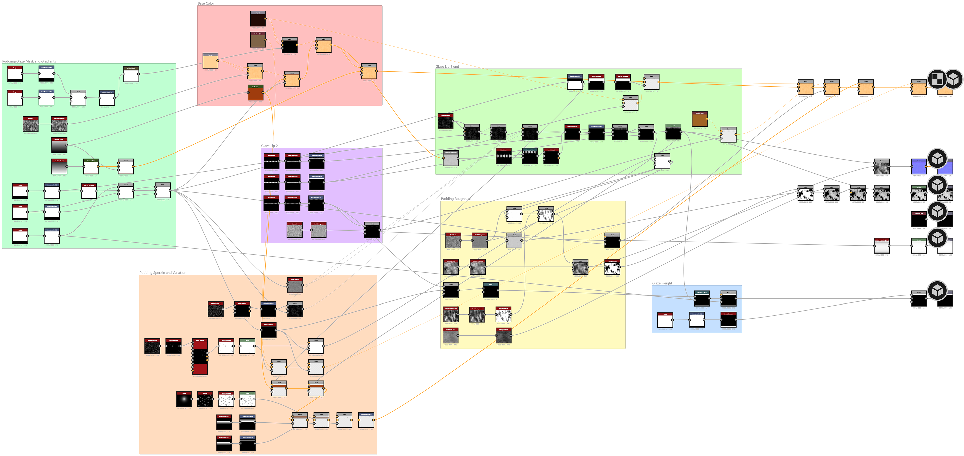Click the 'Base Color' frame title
tap(206, 3)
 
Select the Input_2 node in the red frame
tap(258, 19)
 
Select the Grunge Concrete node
tap(445, 121)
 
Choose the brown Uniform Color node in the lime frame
tap(699, 119)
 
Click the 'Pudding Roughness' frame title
tap(456, 199)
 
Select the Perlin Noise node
tap(453, 241)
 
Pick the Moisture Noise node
tap(451, 267)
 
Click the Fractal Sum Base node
tap(451, 336)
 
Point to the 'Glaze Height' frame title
tap(662, 283)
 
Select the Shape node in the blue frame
tap(665, 320)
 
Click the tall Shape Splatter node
tap(200, 357)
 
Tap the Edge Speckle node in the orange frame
tap(295, 285)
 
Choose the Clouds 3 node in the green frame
tap(31, 124)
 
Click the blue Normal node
tap(918, 167)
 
